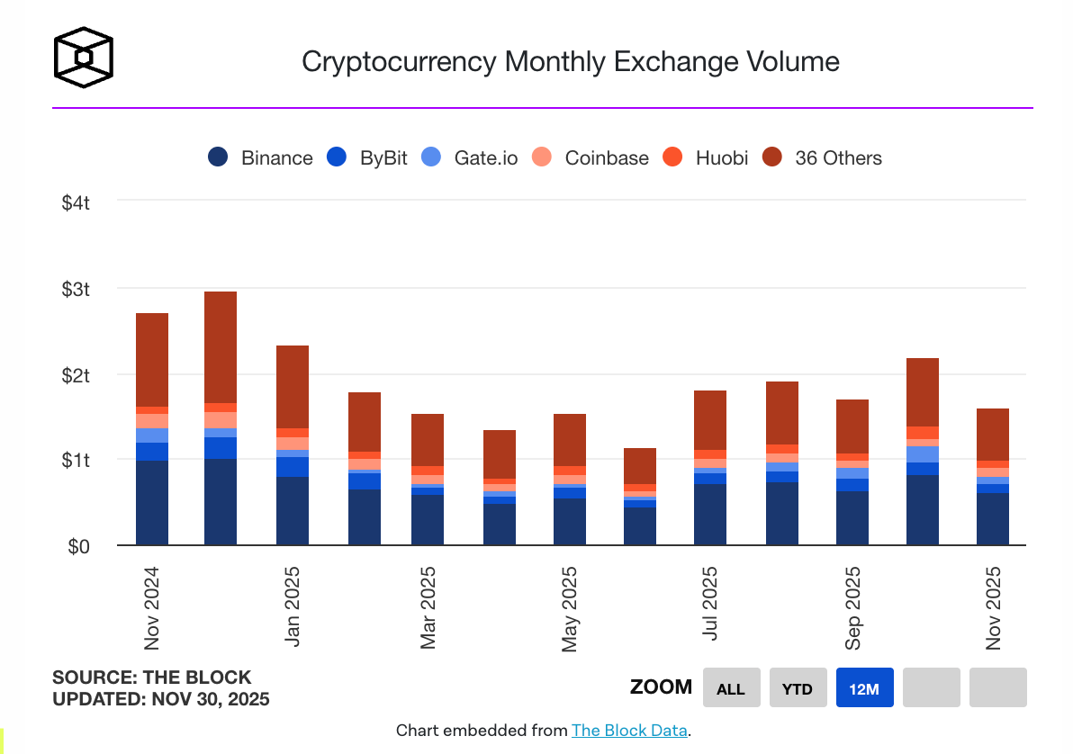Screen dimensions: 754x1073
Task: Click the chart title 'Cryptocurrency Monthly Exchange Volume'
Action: [570, 61]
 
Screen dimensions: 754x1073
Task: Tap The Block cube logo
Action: [84, 58]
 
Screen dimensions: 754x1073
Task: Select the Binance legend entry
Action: [261, 157]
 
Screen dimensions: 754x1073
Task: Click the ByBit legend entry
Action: [369, 157]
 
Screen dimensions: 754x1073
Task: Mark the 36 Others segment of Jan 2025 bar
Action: [293, 387]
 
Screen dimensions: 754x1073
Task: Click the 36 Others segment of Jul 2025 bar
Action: [710, 420]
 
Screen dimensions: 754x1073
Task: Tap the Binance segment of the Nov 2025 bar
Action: [993, 518]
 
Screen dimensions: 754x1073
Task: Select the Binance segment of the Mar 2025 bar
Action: [428, 519]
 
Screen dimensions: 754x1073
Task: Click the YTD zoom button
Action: [798, 688]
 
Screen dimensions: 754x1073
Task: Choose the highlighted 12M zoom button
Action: [864, 688]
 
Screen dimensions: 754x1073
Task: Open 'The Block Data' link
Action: [629, 731]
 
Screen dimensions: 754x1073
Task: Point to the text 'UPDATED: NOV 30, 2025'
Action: [160, 699]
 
